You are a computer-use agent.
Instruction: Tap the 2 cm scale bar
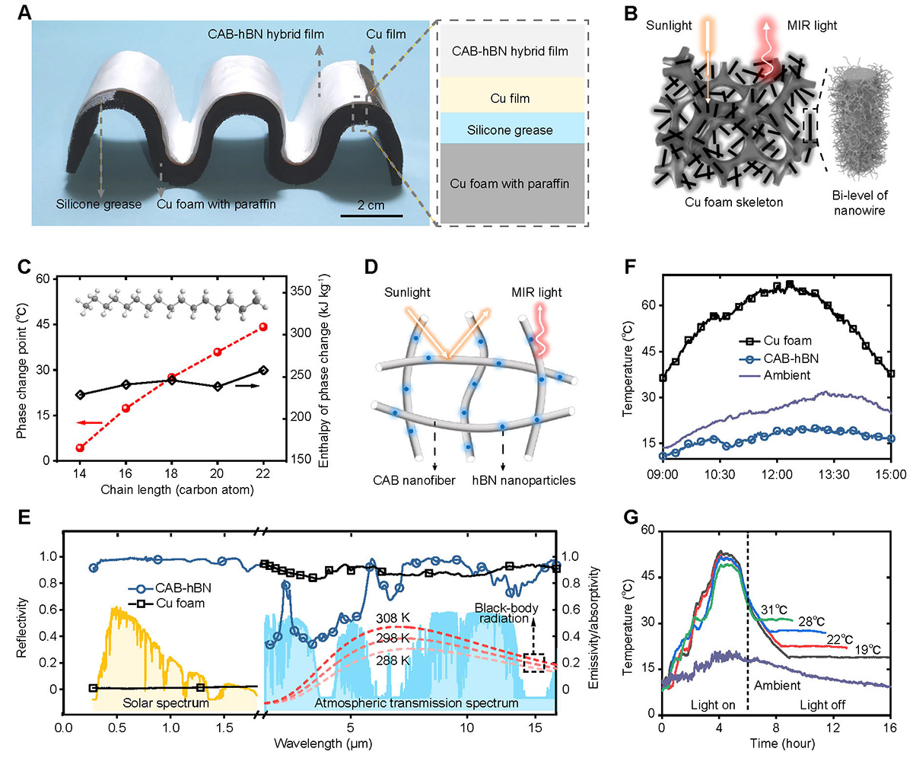[x=371, y=215]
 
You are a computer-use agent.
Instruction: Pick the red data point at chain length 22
[x=262, y=326]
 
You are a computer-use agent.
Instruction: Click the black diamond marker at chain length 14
[x=80, y=394]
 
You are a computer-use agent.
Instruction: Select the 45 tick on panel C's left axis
[x=40, y=326]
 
